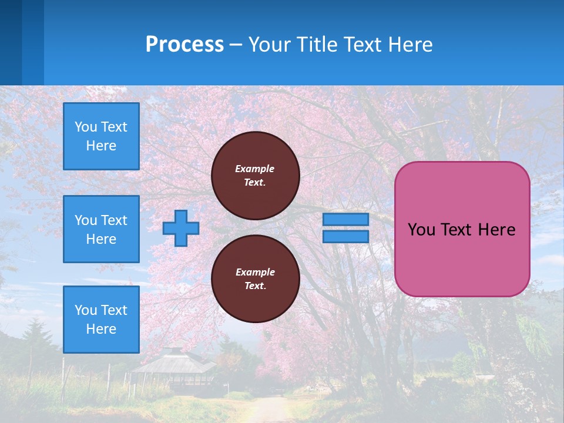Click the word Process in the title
pyautogui.click(x=184, y=44)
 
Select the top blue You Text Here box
pyautogui.click(x=101, y=136)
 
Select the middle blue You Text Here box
pyautogui.click(x=101, y=229)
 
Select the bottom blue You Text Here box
pyautogui.click(x=101, y=319)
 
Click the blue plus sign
pyautogui.click(x=181, y=228)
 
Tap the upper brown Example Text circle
pyautogui.click(x=256, y=175)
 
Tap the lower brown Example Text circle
pyautogui.click(x=256, y=278)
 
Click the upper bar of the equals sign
pyautogui.click(x=345, y=219)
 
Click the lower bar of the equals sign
pyautogui.click(x=345, y=236)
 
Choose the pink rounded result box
pyautogui.click(x=462, y=258)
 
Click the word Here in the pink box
pyautogui.click(x=496, y=230)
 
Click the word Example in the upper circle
pyautogui.click(x=255, y=169)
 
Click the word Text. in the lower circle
pyautogui.click(x=255, y=286)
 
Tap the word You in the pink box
pyautogui.click(x=421, y=230)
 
